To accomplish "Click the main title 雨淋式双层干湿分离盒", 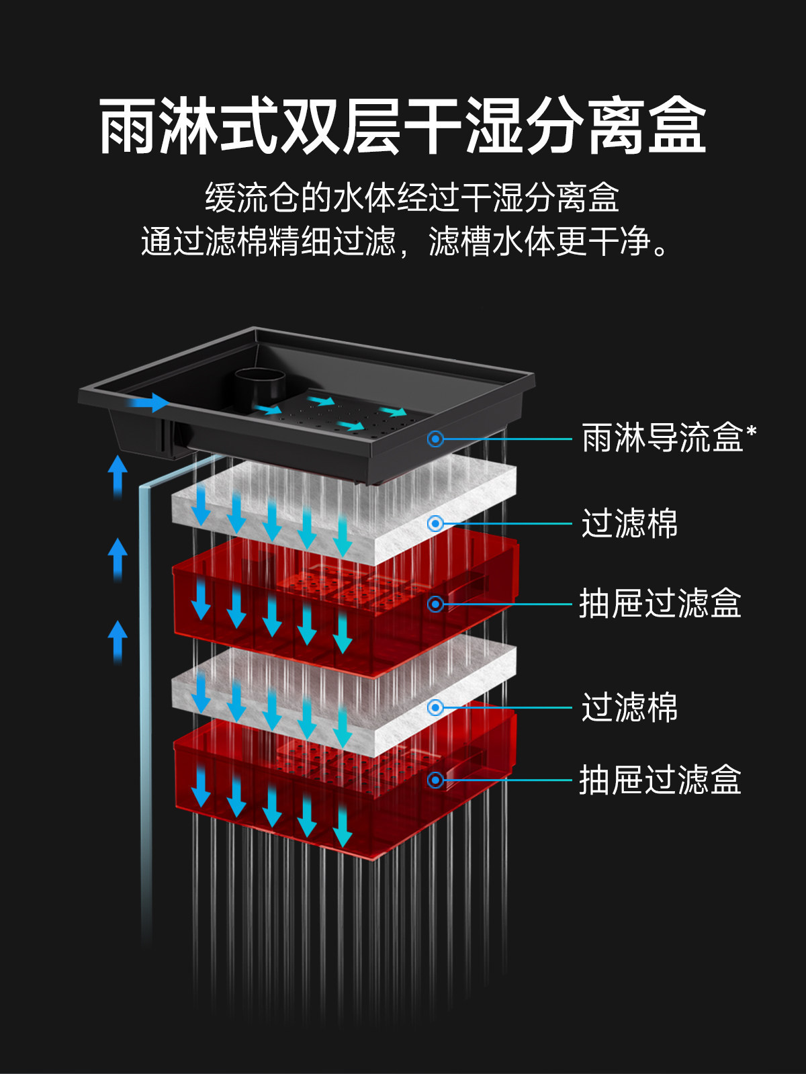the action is click(402, 126).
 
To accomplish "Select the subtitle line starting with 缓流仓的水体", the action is click(412, 197).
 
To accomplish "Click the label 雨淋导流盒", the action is click(663, 437).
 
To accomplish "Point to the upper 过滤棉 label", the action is click(629, 523).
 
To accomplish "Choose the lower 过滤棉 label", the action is click(629, 707).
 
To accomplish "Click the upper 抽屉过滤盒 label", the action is click(660, 603).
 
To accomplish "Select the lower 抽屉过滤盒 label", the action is click(660, 780).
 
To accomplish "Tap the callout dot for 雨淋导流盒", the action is click(435, 439).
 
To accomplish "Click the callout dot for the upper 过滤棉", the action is click(435, 523).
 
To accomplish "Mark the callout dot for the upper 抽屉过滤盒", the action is click(435, 604).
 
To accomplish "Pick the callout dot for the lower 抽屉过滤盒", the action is click(435, 780).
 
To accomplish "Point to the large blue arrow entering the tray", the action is click(147, 402).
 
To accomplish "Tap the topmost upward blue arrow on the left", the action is click(118, 477).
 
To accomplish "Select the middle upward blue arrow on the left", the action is click(118, 560).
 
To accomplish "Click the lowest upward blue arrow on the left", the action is click(118, 642).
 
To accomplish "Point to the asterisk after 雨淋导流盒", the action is click(751, 431).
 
